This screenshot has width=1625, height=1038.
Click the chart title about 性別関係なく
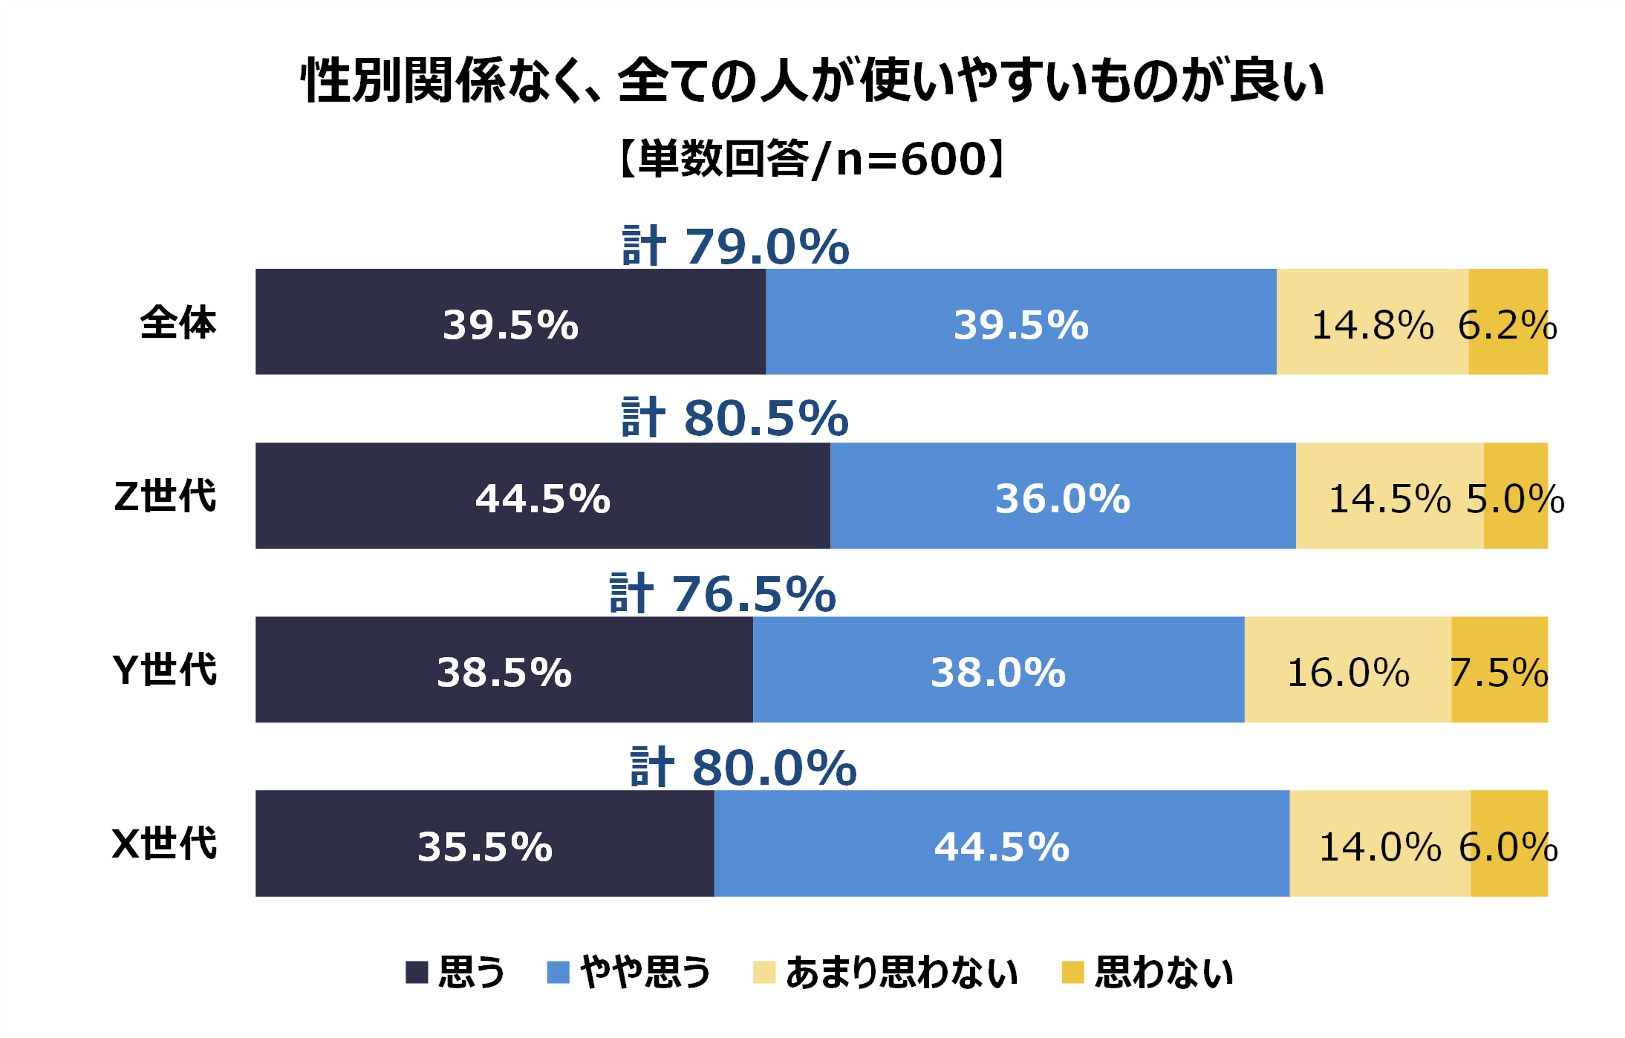pyautogui.click(x=812, y=80)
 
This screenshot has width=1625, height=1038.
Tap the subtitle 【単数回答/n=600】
pyautogui.click(x=812, y=159)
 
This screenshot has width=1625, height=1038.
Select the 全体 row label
pyautogui.click(x=178, y=322)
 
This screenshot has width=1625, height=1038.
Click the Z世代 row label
pyautogui.click(x=165, y=496)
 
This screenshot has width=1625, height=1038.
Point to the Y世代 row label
pyautogui.click(x=165, y=670)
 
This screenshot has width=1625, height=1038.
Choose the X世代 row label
pyautogui.click(x=165, y=843)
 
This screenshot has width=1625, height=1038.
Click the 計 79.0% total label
pyautogui.click(x=735, y=247)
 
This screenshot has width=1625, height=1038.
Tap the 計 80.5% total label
pyautogui.click(x=735, y=417)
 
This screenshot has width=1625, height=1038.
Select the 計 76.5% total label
pyautogui.click(x=723, y=594)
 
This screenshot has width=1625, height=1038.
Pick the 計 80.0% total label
pyautogui.click(x=743, y=768)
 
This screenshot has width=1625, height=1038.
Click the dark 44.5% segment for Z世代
pyautogui.click(x=542, y=496)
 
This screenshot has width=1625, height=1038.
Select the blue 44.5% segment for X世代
pyautogui.click(x=1001, y=843)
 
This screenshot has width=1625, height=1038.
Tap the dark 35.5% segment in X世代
pyautogui.click(x=484, y=843)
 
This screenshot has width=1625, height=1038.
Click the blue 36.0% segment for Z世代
pyautogui.click(x=1062, y=496)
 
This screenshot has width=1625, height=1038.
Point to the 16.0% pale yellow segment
pyautogui.click(x=1347, y=670)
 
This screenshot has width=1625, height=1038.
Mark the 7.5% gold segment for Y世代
pyautogui.click(x=1499, y=670)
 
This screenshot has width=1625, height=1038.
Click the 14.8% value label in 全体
pyautogui.click(x=1372, y=325)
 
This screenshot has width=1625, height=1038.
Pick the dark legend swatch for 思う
pyautogui.click(x=417, y=972)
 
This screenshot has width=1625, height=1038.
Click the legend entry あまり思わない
pyautogui.click(x=901, y=972)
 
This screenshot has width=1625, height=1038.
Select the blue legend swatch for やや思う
pyautogui.click(x=558, y=972)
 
